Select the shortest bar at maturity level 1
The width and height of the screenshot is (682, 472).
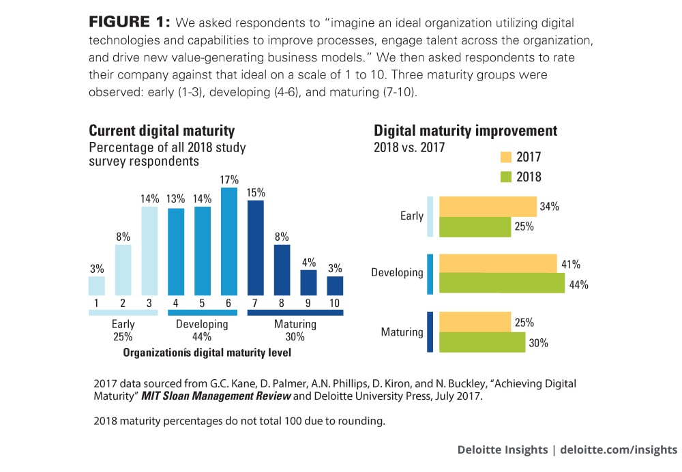click(97, 285)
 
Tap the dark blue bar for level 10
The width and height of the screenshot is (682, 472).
click(335, 285)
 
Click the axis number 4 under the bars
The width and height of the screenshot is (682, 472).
click(176, 302)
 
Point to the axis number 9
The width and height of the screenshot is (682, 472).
click(308, 302)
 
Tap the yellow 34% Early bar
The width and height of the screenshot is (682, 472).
click(488, 207)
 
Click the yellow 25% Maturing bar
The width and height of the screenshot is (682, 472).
click(475, 322)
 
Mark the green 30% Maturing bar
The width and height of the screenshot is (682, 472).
click(482, 342)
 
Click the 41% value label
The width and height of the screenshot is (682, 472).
click(569, 264)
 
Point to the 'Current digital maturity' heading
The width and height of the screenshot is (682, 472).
click(162, 131)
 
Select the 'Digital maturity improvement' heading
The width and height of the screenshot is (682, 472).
click(465, 131)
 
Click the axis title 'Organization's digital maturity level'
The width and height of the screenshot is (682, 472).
click(207, 353)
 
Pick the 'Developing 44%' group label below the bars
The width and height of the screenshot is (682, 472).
click(202, 330)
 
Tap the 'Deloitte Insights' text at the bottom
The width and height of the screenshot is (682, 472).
click(503, 449)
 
